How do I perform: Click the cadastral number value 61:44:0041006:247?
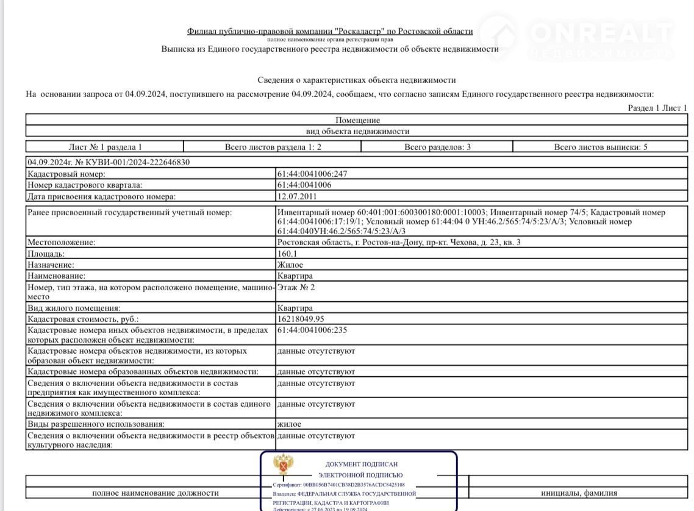coord(312,174)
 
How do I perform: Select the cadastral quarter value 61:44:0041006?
coord(304,185)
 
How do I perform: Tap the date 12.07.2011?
coord(297,196)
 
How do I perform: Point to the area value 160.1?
coord(287,254)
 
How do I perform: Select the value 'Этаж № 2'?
coord(296,287)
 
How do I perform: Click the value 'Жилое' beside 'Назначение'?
coord(290,265)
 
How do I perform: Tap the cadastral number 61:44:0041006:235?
coord(312,330)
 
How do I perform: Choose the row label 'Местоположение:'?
coord(62,243)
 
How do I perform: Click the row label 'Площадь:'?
coord(46,254)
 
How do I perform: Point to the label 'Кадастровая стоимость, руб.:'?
coord(83,319)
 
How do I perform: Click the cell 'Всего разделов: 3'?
coord(437,147)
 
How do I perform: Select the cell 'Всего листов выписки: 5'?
coord(601,147)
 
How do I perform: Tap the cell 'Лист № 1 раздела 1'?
coord(105,147)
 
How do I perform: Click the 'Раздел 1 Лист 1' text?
coord(657,108)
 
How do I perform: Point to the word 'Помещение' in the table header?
coord(357,120)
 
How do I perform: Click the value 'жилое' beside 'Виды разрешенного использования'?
coord(289,424)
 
